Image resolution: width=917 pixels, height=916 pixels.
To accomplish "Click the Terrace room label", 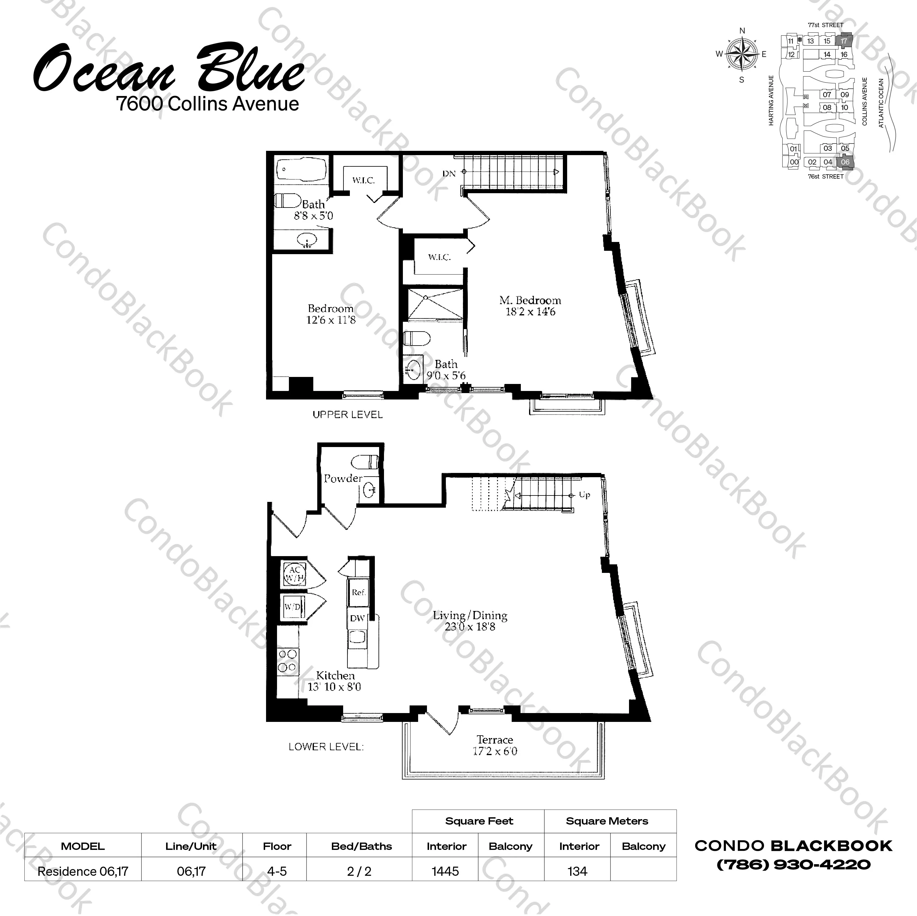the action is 495,740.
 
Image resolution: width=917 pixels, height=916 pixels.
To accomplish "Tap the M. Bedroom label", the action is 530,300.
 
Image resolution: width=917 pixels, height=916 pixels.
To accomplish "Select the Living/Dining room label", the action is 470,616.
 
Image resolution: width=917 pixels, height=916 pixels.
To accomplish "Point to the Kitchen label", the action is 336,675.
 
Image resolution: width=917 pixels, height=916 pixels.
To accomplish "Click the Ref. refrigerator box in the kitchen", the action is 358,592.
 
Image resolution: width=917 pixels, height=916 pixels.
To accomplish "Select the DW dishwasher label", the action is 357,618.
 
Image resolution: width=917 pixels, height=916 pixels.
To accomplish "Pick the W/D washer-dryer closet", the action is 292,607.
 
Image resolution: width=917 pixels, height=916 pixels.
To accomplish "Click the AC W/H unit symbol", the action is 293,575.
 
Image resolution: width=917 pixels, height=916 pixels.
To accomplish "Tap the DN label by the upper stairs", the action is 449,174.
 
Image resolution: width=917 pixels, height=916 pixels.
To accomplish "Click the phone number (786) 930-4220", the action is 793,864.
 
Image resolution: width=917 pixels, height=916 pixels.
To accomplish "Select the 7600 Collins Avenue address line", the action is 208,104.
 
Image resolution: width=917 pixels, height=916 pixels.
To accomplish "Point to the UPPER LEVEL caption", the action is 347,414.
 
